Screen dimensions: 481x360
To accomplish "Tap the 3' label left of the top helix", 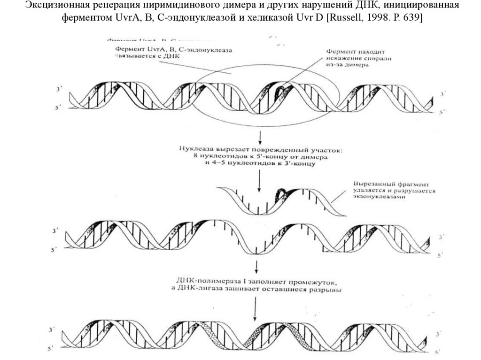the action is (58, 89).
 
